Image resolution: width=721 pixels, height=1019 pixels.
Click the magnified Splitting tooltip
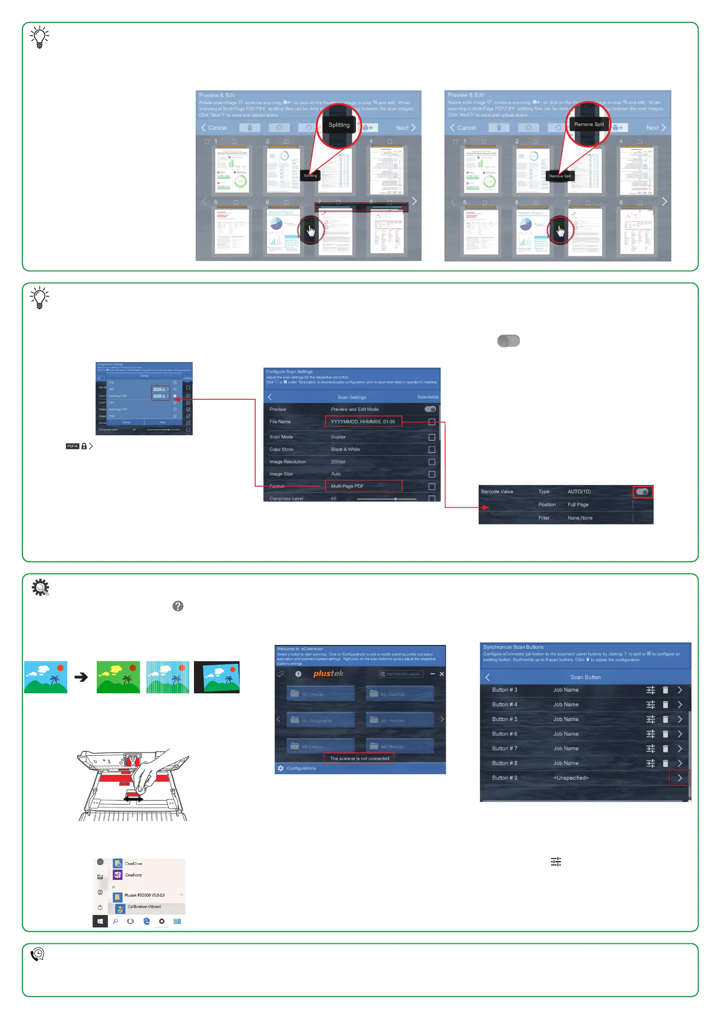(339, 125)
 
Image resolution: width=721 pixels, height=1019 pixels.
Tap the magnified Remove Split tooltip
(589, 125)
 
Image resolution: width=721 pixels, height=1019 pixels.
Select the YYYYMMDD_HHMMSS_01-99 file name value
(363, 422)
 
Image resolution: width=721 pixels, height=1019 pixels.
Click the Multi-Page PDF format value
(363, 486)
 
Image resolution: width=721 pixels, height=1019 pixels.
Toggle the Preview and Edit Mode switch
(430, 409)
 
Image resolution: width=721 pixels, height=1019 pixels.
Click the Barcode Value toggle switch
(642, 492)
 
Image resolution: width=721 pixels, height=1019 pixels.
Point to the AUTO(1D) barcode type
(579, 492)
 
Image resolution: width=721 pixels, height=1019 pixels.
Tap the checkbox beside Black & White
(432, 450)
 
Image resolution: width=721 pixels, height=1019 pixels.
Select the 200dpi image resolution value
(338, 462)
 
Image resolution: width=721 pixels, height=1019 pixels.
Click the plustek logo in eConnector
(328, 674)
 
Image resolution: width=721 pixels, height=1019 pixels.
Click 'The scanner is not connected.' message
(360, 758)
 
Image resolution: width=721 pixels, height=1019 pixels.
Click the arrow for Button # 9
(679, 778)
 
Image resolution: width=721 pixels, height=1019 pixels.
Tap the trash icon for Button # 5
(665, 719)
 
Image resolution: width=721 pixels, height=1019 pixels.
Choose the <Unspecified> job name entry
(570, 778)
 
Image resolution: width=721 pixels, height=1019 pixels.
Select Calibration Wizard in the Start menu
(144, 907)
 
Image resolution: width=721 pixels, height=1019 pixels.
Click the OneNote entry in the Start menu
(133, 875)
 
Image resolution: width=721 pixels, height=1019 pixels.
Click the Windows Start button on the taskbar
(100, 921)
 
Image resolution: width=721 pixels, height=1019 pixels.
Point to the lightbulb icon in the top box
(39, 37)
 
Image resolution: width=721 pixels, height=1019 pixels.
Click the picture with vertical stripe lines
(167, 677)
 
